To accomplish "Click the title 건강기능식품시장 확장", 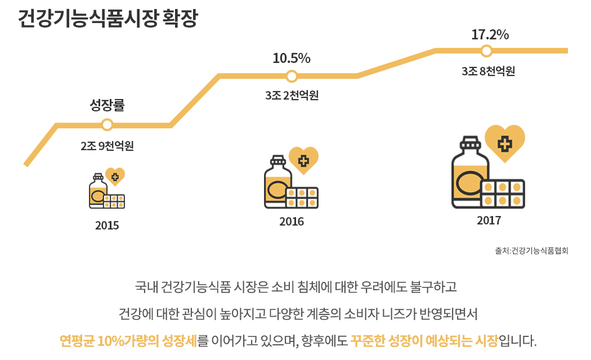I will click(108, 19).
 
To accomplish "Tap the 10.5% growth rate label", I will click(292, 58).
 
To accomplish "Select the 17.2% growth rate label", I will click(490, 35).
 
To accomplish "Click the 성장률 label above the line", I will click(107, 105).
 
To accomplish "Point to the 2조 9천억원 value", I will click(107, 146).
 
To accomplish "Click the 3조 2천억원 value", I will click(292, 96).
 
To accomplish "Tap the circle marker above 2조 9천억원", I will click(107, 125).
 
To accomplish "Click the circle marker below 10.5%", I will click(292, 76).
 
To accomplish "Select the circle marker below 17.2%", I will click(487, 51).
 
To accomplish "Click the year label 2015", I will click(107, 226).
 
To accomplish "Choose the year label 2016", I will click(292, 222).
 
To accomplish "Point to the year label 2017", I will click(489, 220).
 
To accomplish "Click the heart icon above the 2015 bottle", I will click(115, 177).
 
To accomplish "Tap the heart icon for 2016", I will click(303, 160).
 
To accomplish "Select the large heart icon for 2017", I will click(505, 143).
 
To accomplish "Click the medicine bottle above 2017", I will click(469, 172).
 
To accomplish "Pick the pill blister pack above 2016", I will click(302, 197).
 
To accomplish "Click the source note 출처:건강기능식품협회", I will click(532, 251).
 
